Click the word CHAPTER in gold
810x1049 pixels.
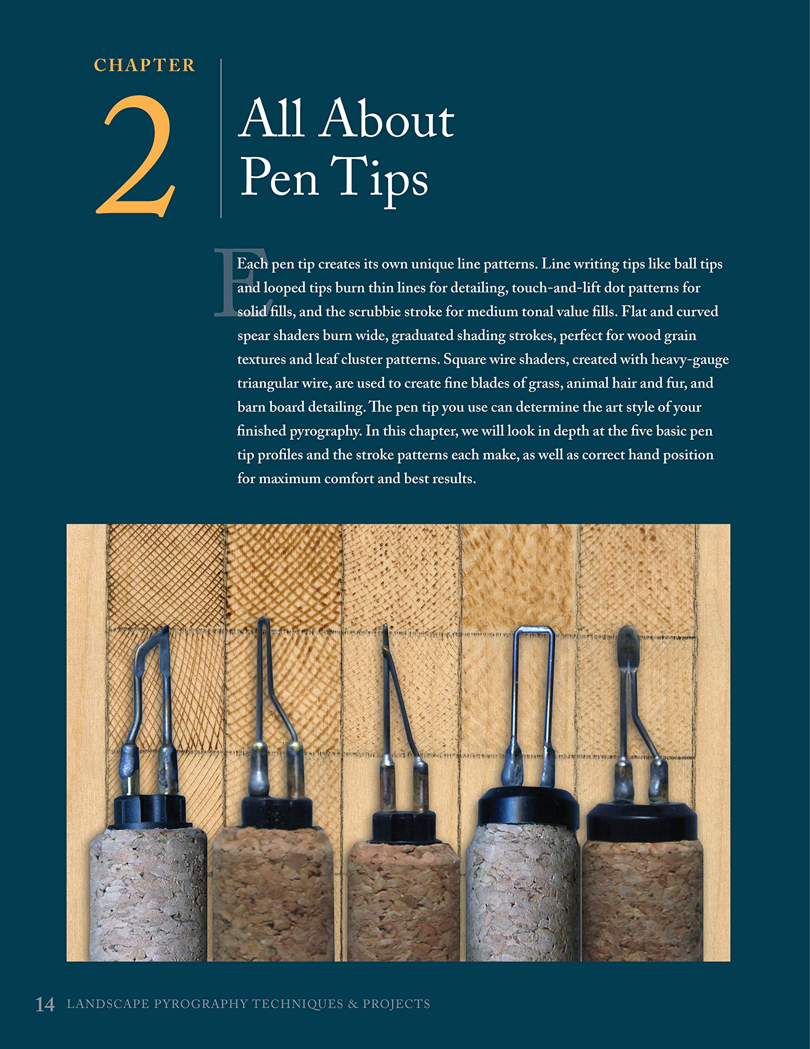pyautogui.click(x=144, y=65)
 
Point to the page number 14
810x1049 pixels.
pyautogui.click(x=45, y=1004)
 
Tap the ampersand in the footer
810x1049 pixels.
pyautogui.click(x=353, y=1004)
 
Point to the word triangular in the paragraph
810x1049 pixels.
pyautogui.click(x=267, y=383)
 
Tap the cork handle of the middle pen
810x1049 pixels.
pyautogui.click(x=403, y=903)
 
